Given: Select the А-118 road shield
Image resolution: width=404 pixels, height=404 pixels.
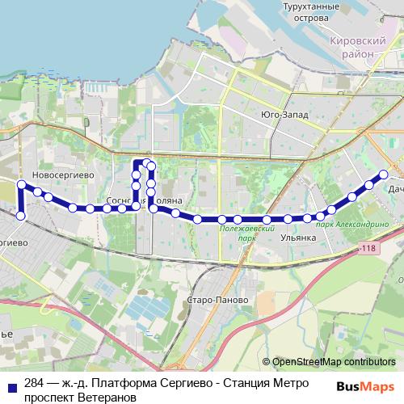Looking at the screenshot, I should tap(369, 248).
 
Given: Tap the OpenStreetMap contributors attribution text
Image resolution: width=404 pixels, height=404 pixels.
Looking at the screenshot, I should tap(334, 362).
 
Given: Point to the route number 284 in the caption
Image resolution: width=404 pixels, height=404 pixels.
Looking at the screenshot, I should tap(34, 382).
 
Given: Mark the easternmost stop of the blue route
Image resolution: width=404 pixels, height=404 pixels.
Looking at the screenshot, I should tap(384, 174).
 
